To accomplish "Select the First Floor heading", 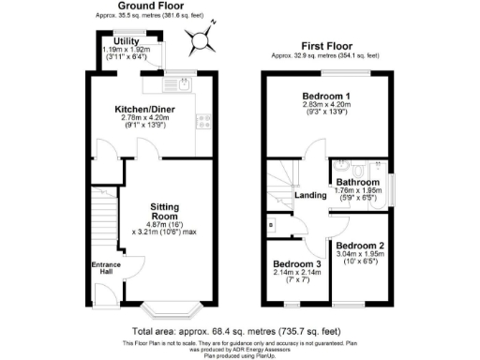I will pyautogui.click(x=326, y=45).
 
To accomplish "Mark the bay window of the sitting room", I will pyautogui.click(x=172, y=307).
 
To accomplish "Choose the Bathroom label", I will pyautogui.click(x=358, y=182).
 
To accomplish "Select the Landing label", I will pyautogui.click(x=309, y=195).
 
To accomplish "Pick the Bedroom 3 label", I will pyautogui.click(x=297, y=265).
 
